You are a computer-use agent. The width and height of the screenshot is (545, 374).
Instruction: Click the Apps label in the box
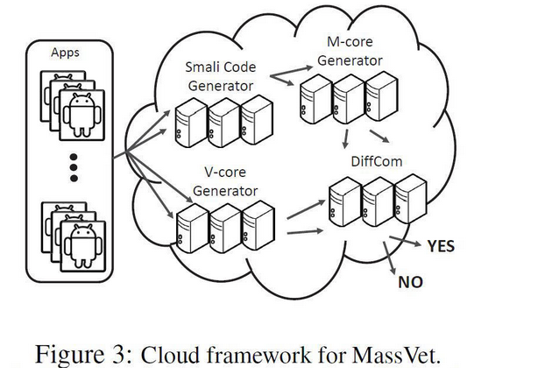coord(66,53)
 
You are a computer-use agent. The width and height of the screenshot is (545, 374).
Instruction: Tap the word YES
coord(441,246)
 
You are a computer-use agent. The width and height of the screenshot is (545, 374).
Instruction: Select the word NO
coord(411,283)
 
